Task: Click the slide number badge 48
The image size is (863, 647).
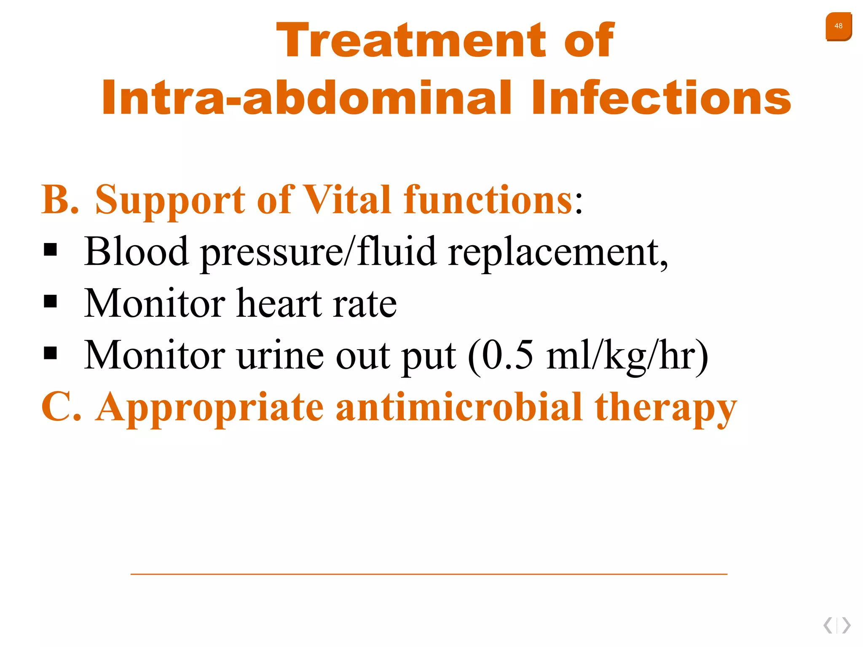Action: coord(838,27)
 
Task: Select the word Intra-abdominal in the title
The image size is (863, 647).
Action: coord(306,98)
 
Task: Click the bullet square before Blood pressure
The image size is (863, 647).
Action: coord(51,250)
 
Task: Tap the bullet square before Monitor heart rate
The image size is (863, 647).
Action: coord(51,302)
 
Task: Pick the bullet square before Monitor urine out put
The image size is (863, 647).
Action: coord(51,353)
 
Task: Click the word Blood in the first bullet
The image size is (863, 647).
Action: coord(136,251)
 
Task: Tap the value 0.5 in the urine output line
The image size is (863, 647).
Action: coord(507,355)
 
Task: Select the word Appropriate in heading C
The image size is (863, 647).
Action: coord(210,408)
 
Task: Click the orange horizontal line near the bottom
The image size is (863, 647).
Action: coord(429,574)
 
